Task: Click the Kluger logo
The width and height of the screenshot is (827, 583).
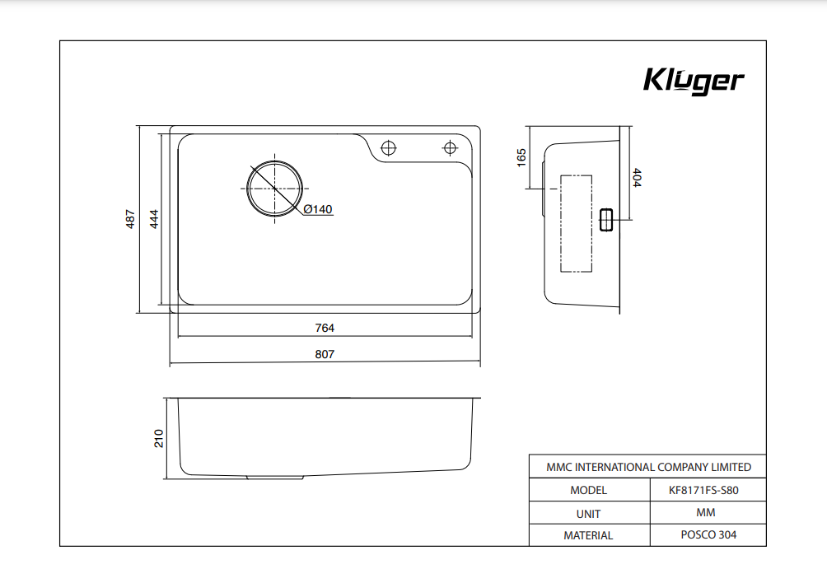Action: pos(694,82)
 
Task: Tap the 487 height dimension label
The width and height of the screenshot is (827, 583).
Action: pos(130,219)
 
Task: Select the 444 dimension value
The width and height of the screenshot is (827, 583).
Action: pos(154,219)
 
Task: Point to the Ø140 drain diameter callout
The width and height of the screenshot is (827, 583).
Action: pos(318,209)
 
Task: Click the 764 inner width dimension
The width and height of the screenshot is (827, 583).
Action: pos(325,328)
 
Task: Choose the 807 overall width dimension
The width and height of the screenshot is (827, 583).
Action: pos(325,354)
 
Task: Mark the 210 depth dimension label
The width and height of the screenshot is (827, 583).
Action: pos(159,439)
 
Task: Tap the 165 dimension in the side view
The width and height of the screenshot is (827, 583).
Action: pos(521,157)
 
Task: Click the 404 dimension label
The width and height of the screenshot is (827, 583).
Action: pos(637,178)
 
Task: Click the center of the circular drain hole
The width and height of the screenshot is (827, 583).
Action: pos(275,189)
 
